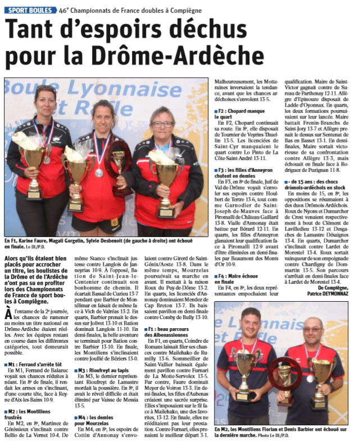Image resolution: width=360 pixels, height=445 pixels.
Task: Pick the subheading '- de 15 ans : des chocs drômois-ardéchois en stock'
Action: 321,185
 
